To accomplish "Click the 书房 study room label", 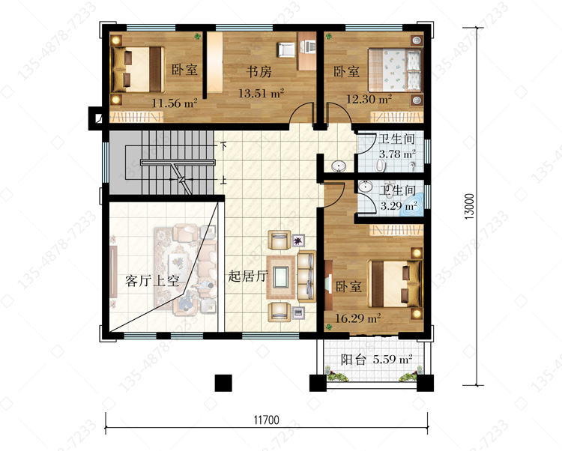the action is (x=259, y=72).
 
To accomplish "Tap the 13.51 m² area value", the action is (x=262, y=94).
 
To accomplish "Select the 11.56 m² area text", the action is (x=174, y=103).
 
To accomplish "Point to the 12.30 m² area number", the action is (x=369, y=98).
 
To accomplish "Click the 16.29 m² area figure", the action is (x=357, y=318).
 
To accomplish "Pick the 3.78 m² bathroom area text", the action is (x=397, y=154).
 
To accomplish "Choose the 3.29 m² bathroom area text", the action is (x=399, y=206).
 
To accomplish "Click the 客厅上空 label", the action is (x=152, y=280).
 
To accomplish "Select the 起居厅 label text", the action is (x=248, y=276).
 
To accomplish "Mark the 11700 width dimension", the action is (x=266, y=420).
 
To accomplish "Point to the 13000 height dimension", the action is (x=469, y=207).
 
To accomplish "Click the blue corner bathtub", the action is (x=413, y=207).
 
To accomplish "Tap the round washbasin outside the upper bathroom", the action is (x=339, y=166).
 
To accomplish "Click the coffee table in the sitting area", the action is (x=281, y=277).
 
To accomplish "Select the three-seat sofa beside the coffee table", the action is (x=306, y=276).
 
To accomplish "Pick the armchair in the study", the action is (x=285, y=49).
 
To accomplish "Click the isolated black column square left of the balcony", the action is (x=223, y=383).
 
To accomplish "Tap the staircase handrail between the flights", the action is (x=178, y=163).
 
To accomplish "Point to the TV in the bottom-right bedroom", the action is (x=328, y=285).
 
